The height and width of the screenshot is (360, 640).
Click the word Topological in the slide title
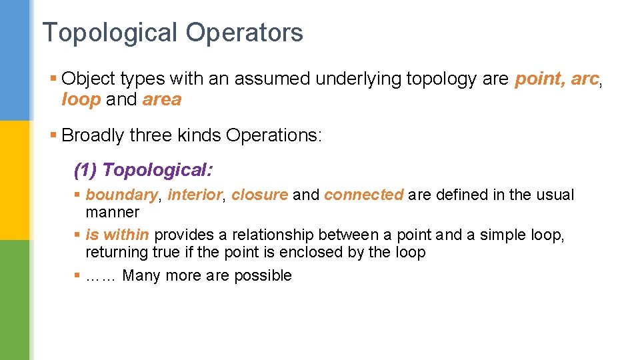coord(110,33)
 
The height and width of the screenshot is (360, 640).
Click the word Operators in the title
coord(244,33)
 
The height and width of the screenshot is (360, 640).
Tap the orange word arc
coord(585,79)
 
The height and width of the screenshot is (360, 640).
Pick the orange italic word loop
coord(81,100)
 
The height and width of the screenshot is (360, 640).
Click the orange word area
coord(162,100)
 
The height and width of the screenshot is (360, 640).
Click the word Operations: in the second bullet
coord(274,135)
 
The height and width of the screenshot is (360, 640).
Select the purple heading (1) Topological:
coord(143,170)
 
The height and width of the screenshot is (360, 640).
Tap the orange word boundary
coord(122,195)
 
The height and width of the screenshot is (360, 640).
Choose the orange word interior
coord(194,195)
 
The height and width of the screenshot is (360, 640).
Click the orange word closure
coord(259,195)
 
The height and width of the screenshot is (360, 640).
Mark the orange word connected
coord(363,195)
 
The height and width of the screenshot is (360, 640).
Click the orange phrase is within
coord(117,235)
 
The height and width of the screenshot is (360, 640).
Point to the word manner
coord(112,212)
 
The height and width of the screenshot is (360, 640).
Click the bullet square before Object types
coord(53,79)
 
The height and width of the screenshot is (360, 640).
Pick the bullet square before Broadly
coord(53,135)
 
